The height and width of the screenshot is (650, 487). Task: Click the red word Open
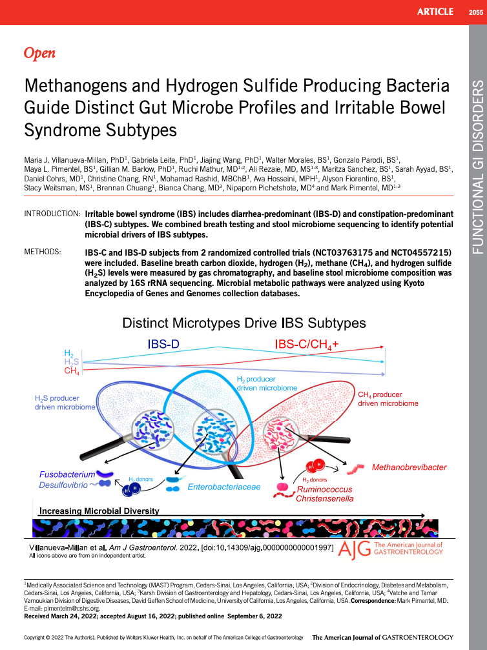tap(39, 54)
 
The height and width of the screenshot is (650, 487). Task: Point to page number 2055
tap(475, 12)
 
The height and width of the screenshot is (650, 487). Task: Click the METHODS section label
tap(43, 250)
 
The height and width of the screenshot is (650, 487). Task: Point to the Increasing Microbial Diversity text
tap(99, 511)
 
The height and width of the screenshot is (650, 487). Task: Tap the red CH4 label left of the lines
tap(72, 371)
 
